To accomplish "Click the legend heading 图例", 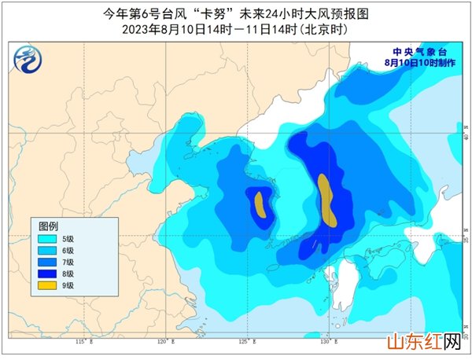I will [x=50, y=222].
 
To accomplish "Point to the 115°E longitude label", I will [x=81, y=342].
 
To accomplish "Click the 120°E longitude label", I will [x=163, y=342].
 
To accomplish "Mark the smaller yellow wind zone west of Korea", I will [x=259, y=205].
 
